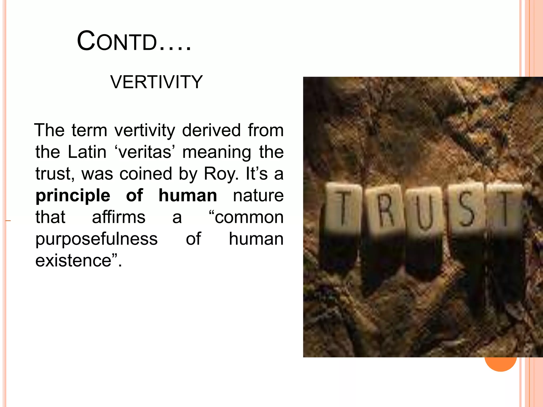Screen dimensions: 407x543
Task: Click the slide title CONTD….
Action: (x=134, y=41)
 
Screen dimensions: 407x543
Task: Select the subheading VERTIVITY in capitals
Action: (x=156, y=82)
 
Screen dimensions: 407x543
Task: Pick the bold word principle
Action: (x=73, y=196)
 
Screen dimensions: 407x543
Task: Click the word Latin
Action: (x=87, y=152)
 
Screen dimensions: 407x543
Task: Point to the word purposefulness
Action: (x=97, y=239)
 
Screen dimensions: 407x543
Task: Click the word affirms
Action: (x=119, y=217)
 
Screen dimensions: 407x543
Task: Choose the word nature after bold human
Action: (x=258, y=196)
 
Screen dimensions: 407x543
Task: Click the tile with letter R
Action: (x=385, y=208)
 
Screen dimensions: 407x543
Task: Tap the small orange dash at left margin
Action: (x=8, y=220)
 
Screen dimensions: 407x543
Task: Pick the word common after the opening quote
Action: (x=249, y=217)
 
